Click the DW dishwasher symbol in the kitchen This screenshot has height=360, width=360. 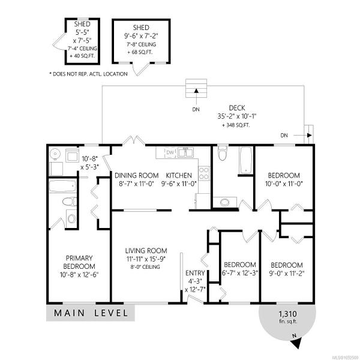tap(170, 152)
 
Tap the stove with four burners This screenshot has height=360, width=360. tap(204, 173)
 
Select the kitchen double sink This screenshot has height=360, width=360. tap(186, 152)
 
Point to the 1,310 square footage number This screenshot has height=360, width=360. tap(287, 314)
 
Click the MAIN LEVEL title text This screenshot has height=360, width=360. tap(91, 313)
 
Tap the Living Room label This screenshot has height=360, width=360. tap(146, 250)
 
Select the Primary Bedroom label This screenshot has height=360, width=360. tap(79, 262)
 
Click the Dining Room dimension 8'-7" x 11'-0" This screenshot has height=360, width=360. tap(136, 184)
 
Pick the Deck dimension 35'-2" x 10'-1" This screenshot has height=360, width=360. tap(237, 116)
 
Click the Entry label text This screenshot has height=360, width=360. tap(195, 273)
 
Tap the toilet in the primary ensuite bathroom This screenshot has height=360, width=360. tap(70, 202)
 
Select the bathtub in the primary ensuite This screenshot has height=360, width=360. tap(62, 186)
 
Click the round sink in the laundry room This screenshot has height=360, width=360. tap(55, 153)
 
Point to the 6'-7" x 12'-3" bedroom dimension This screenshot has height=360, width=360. tap(240, 273)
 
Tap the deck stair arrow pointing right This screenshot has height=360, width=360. tap(302, 135)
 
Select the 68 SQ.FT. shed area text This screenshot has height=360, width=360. tap(140, 52)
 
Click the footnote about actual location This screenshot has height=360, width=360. tap(88, 74)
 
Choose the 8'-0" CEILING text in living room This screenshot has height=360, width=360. tap(145, 267)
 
